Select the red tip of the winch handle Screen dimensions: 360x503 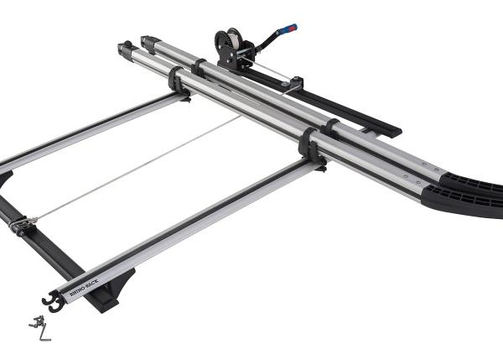pos(294,27)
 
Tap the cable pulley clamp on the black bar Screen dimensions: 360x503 pos(23,224)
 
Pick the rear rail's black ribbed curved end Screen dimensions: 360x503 pos(469,178)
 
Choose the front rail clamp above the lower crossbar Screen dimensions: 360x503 pos(309,145)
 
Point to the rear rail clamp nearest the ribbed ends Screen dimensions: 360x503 pos(331,128)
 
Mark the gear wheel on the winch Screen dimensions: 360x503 pos(222,41)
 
